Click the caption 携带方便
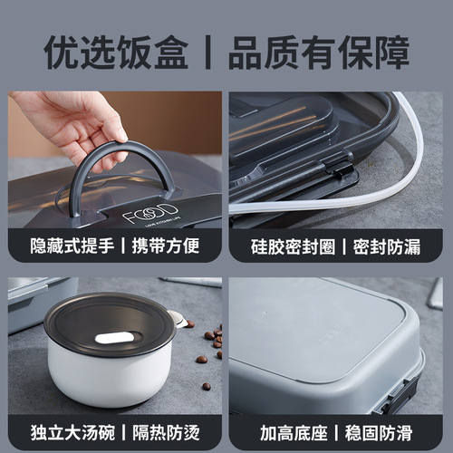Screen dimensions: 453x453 coord(166,246)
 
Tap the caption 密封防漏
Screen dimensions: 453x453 coord(386,246)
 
